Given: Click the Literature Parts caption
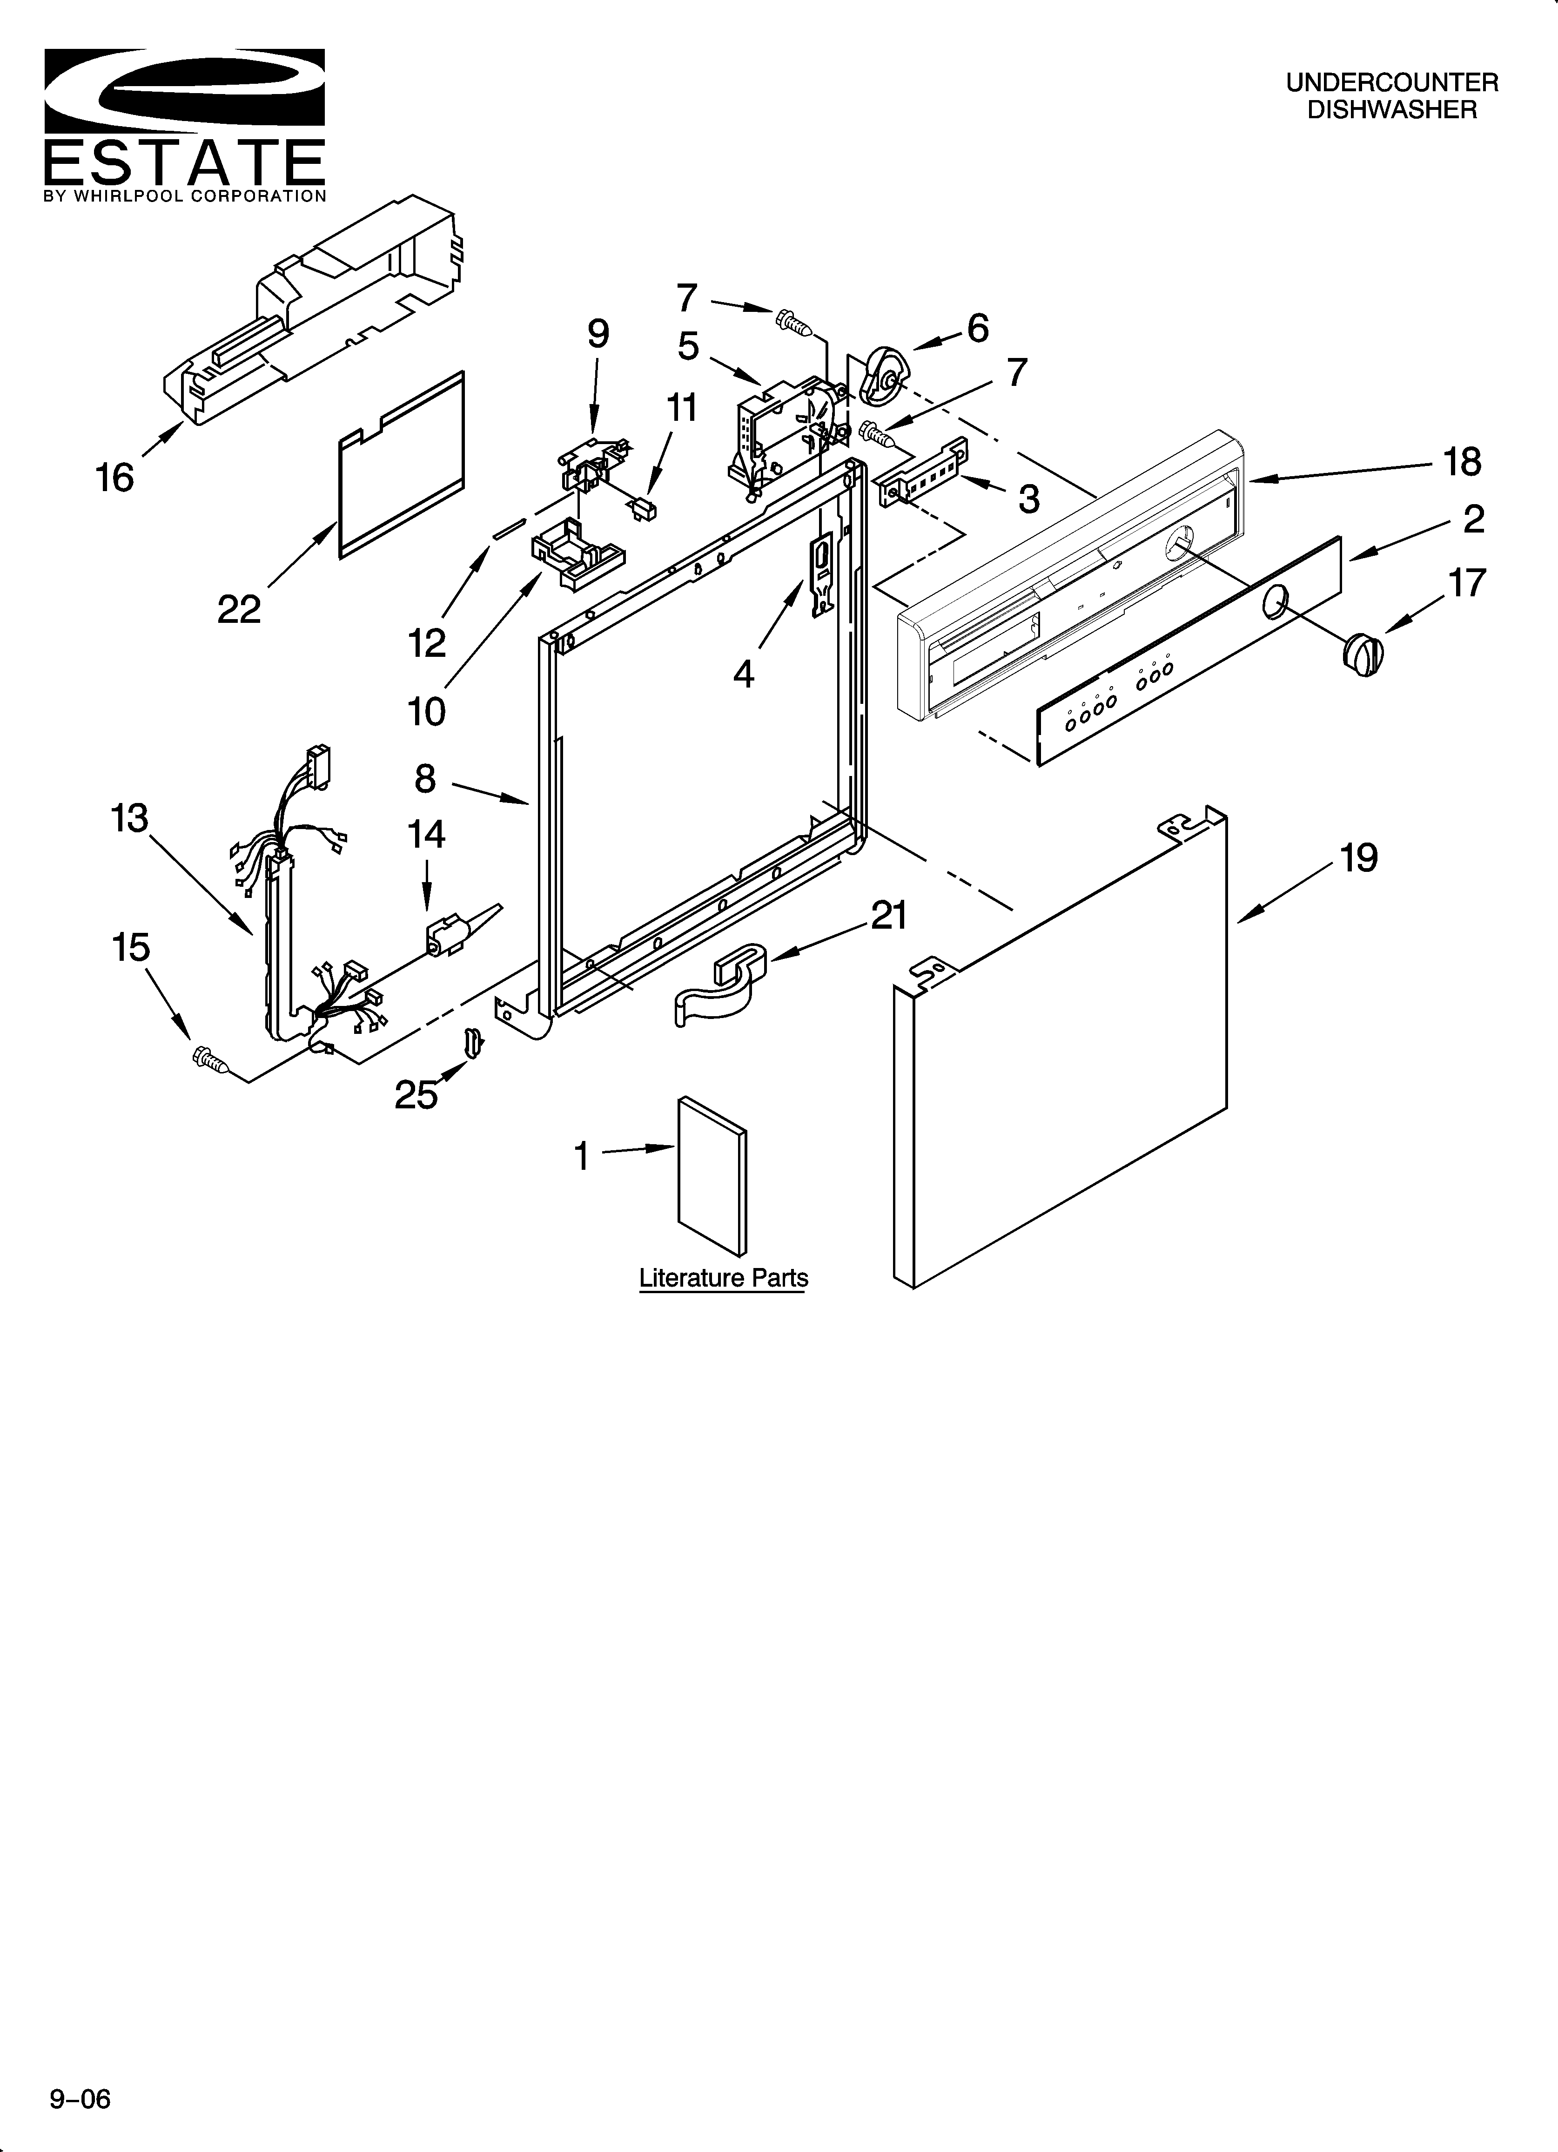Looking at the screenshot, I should click(723, 1278).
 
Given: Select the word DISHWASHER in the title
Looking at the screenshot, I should click(1392, 110).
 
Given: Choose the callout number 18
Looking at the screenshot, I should click(1461, 462).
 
